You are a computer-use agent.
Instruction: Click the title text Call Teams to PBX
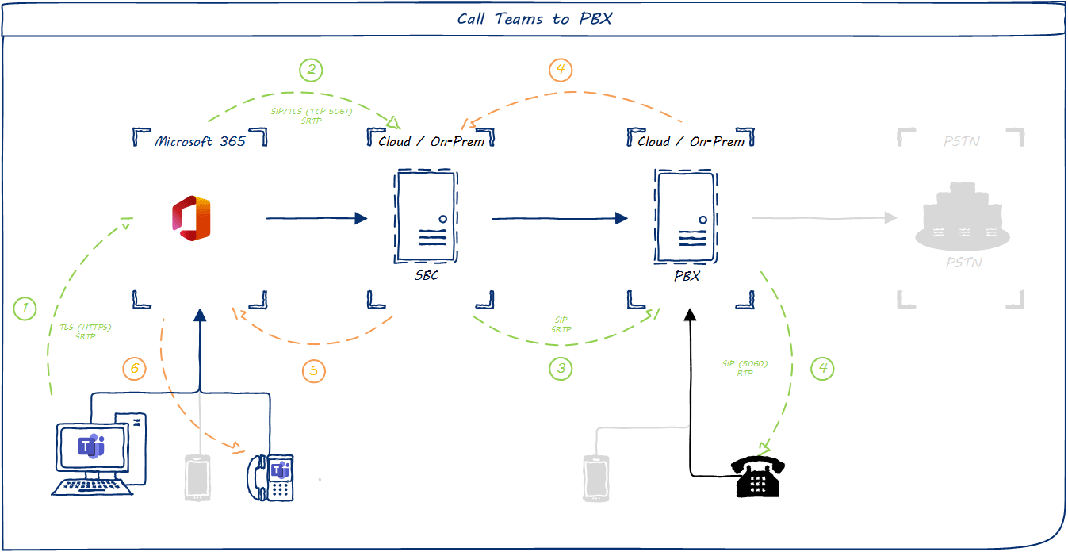534,19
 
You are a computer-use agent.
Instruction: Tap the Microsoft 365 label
200,141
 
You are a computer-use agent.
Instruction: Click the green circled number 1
25,308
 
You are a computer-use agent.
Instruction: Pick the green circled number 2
311,70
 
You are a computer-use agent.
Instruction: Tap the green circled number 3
561,368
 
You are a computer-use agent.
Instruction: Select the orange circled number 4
561,70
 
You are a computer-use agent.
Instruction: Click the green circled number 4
822,368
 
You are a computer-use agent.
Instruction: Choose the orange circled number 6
135,368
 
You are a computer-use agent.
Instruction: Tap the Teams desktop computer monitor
91,448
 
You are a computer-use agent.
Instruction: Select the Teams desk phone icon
271,477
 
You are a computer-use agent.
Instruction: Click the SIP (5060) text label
745,364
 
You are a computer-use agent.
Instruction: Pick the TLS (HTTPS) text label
85,328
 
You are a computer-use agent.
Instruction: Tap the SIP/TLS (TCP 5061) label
311,112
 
